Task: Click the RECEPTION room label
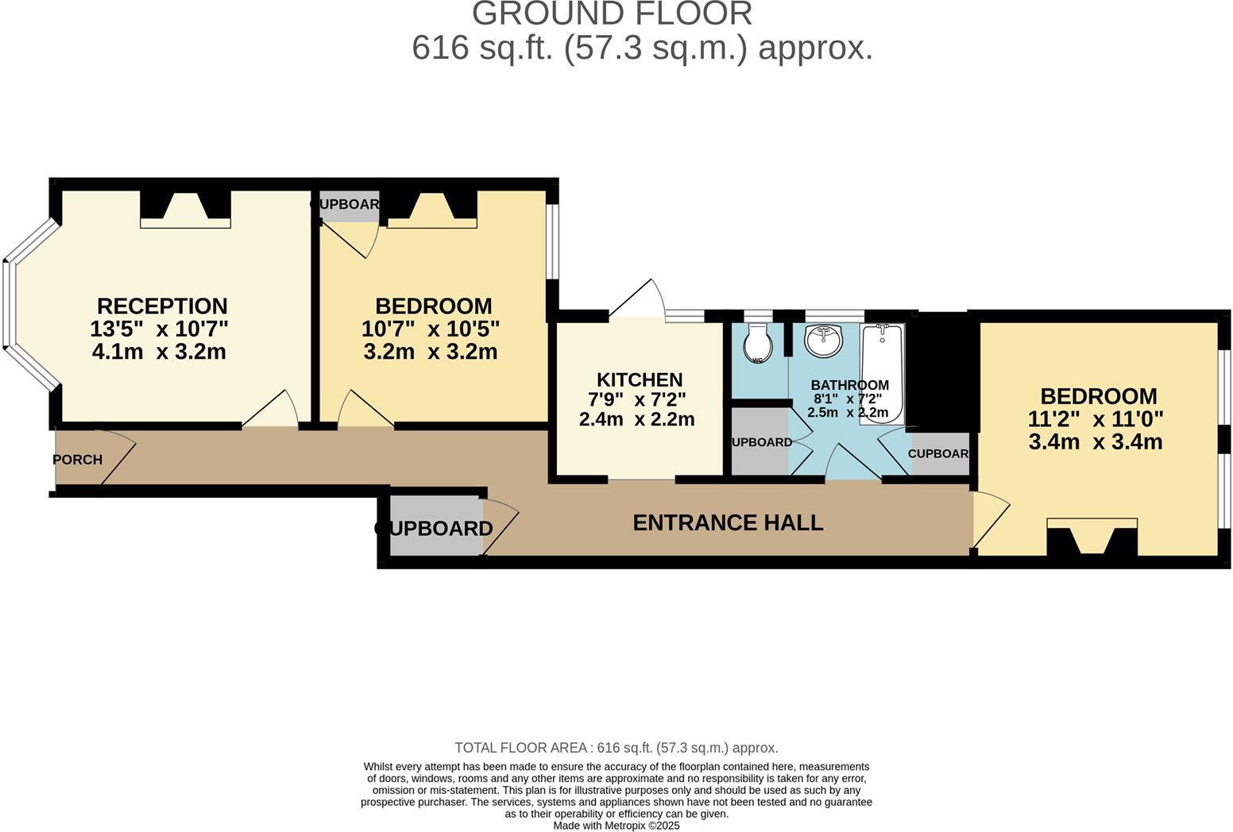(x=162, y=306)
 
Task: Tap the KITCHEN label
(x=640, y=379)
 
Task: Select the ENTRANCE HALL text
(x=728, y=522)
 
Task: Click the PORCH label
(x=77, y=460)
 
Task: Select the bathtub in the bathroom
(x=882, y=373)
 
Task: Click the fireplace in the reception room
(x=185, y=208)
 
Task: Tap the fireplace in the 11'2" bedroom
(x=1092, y=537)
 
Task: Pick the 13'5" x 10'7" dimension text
(x=159, y=329)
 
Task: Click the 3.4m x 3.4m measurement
(x=1095, y=442)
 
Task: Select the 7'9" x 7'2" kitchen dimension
(x=636, y=399)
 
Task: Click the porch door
(x=118, y=459)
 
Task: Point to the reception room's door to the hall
(x=272, y=410)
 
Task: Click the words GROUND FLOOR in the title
(x=612, y=14)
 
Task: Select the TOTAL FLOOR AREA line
(x=616, y=748)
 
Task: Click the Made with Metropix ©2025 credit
(x=616, y=826)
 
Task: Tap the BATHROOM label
(x=849, y=385)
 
